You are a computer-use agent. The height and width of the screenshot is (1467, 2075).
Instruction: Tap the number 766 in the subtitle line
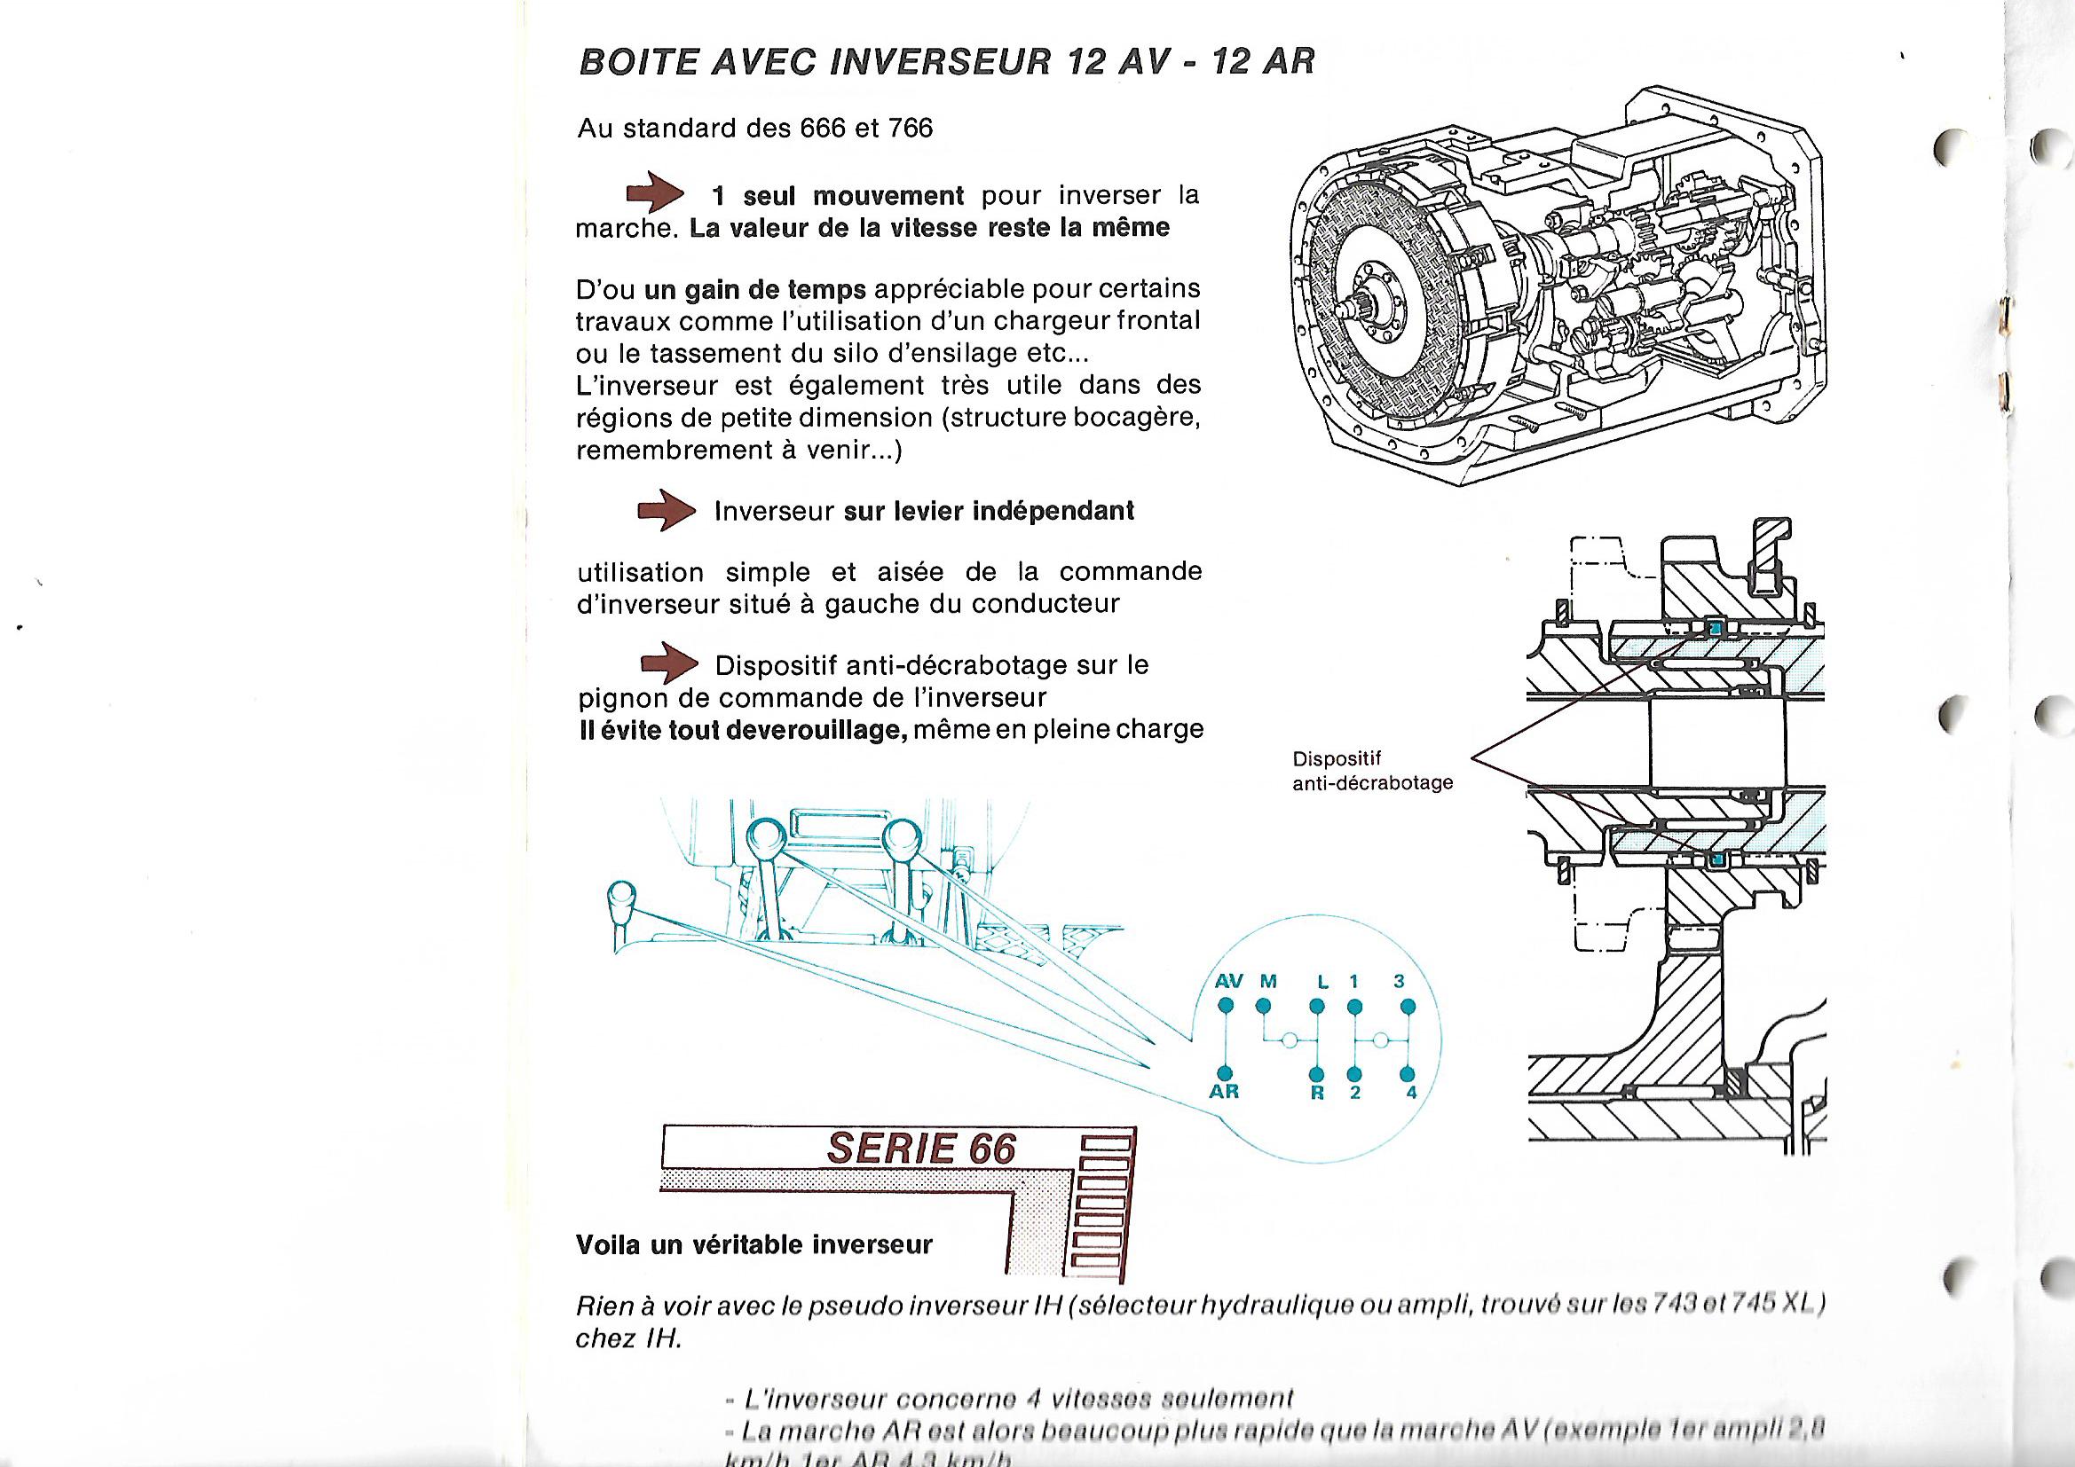click(910, 129)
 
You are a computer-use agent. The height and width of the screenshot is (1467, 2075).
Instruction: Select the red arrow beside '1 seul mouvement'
click(656, 194)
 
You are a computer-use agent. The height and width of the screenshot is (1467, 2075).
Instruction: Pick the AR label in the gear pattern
click(1225, 1092)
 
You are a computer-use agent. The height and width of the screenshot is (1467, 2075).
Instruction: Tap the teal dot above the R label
click(1317, 1073)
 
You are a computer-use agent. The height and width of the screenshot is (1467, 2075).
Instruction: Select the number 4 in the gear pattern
click(1411, 1093)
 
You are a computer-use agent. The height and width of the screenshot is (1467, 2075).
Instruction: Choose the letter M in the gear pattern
click(1269, 981)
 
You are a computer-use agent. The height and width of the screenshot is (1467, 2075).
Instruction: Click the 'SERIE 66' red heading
click(921, 1148)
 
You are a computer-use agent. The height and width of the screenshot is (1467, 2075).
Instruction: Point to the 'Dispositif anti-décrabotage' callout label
click(1372, 771)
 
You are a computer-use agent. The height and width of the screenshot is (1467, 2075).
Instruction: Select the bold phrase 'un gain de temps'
click(754, 290)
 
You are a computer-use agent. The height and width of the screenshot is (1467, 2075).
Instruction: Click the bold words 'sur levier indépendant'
click(989, 511)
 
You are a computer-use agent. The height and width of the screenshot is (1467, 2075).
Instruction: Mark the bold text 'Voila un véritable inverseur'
click(753, 1244)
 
